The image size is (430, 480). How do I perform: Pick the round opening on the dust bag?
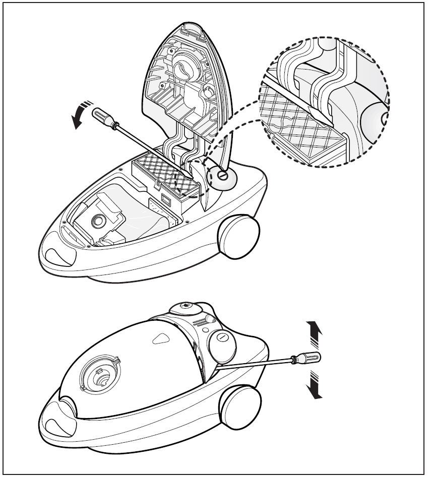coord(96,220)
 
